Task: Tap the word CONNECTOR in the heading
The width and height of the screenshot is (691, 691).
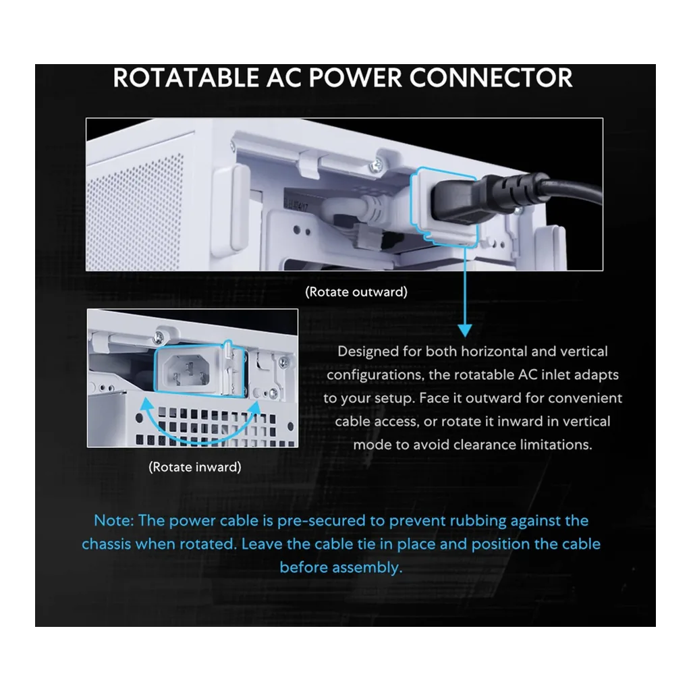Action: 491,78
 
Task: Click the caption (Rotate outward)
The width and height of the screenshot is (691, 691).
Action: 356,292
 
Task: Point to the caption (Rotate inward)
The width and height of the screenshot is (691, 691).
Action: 195,467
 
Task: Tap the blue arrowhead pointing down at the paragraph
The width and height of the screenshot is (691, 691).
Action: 465,330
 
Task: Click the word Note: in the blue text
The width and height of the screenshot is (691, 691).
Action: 113,520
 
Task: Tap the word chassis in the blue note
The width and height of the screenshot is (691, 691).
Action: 106,544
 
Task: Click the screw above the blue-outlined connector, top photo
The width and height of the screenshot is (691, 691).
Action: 377,166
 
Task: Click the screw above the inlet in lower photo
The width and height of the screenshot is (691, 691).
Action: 159,338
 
